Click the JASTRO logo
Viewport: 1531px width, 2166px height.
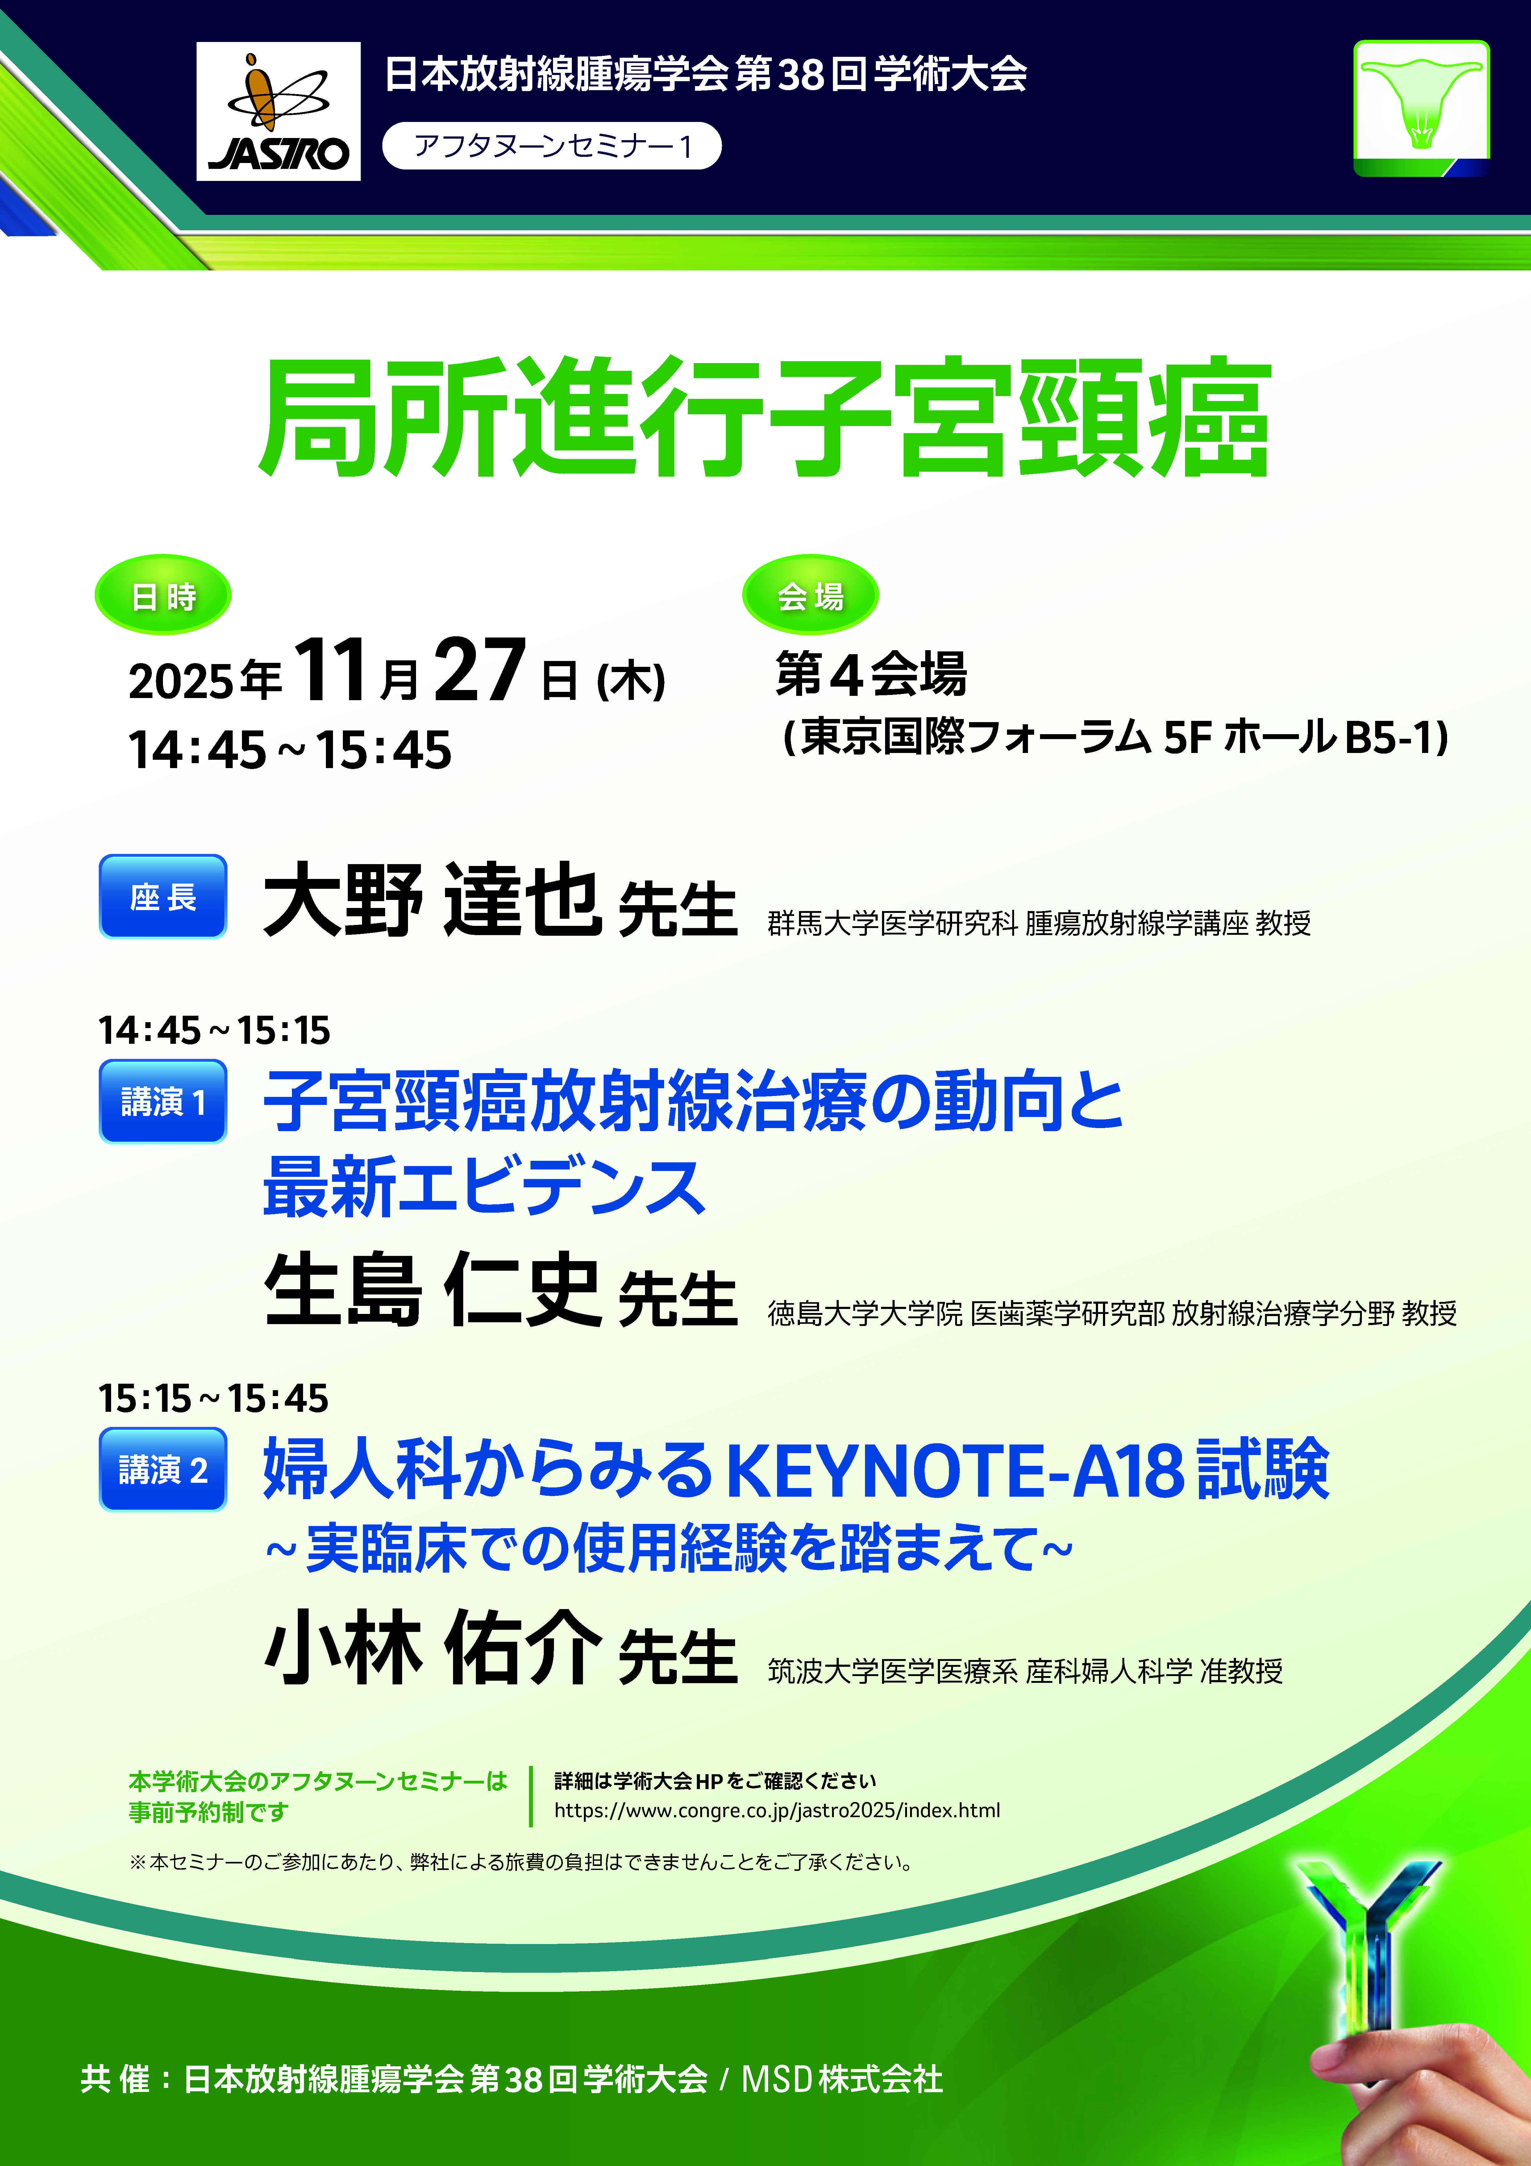click(278, 111)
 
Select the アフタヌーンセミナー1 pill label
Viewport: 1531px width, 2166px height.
click(552, 146)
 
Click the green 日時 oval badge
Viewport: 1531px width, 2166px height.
click(163, 595)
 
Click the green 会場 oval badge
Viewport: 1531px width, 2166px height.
click(810, 595)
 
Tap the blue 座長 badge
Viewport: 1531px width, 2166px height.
click(163, 896)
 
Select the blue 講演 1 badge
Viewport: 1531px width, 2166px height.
click(163, 1101)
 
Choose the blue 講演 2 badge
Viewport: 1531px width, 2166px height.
click(163, 1469)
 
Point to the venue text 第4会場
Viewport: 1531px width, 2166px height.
click(871, 674)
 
